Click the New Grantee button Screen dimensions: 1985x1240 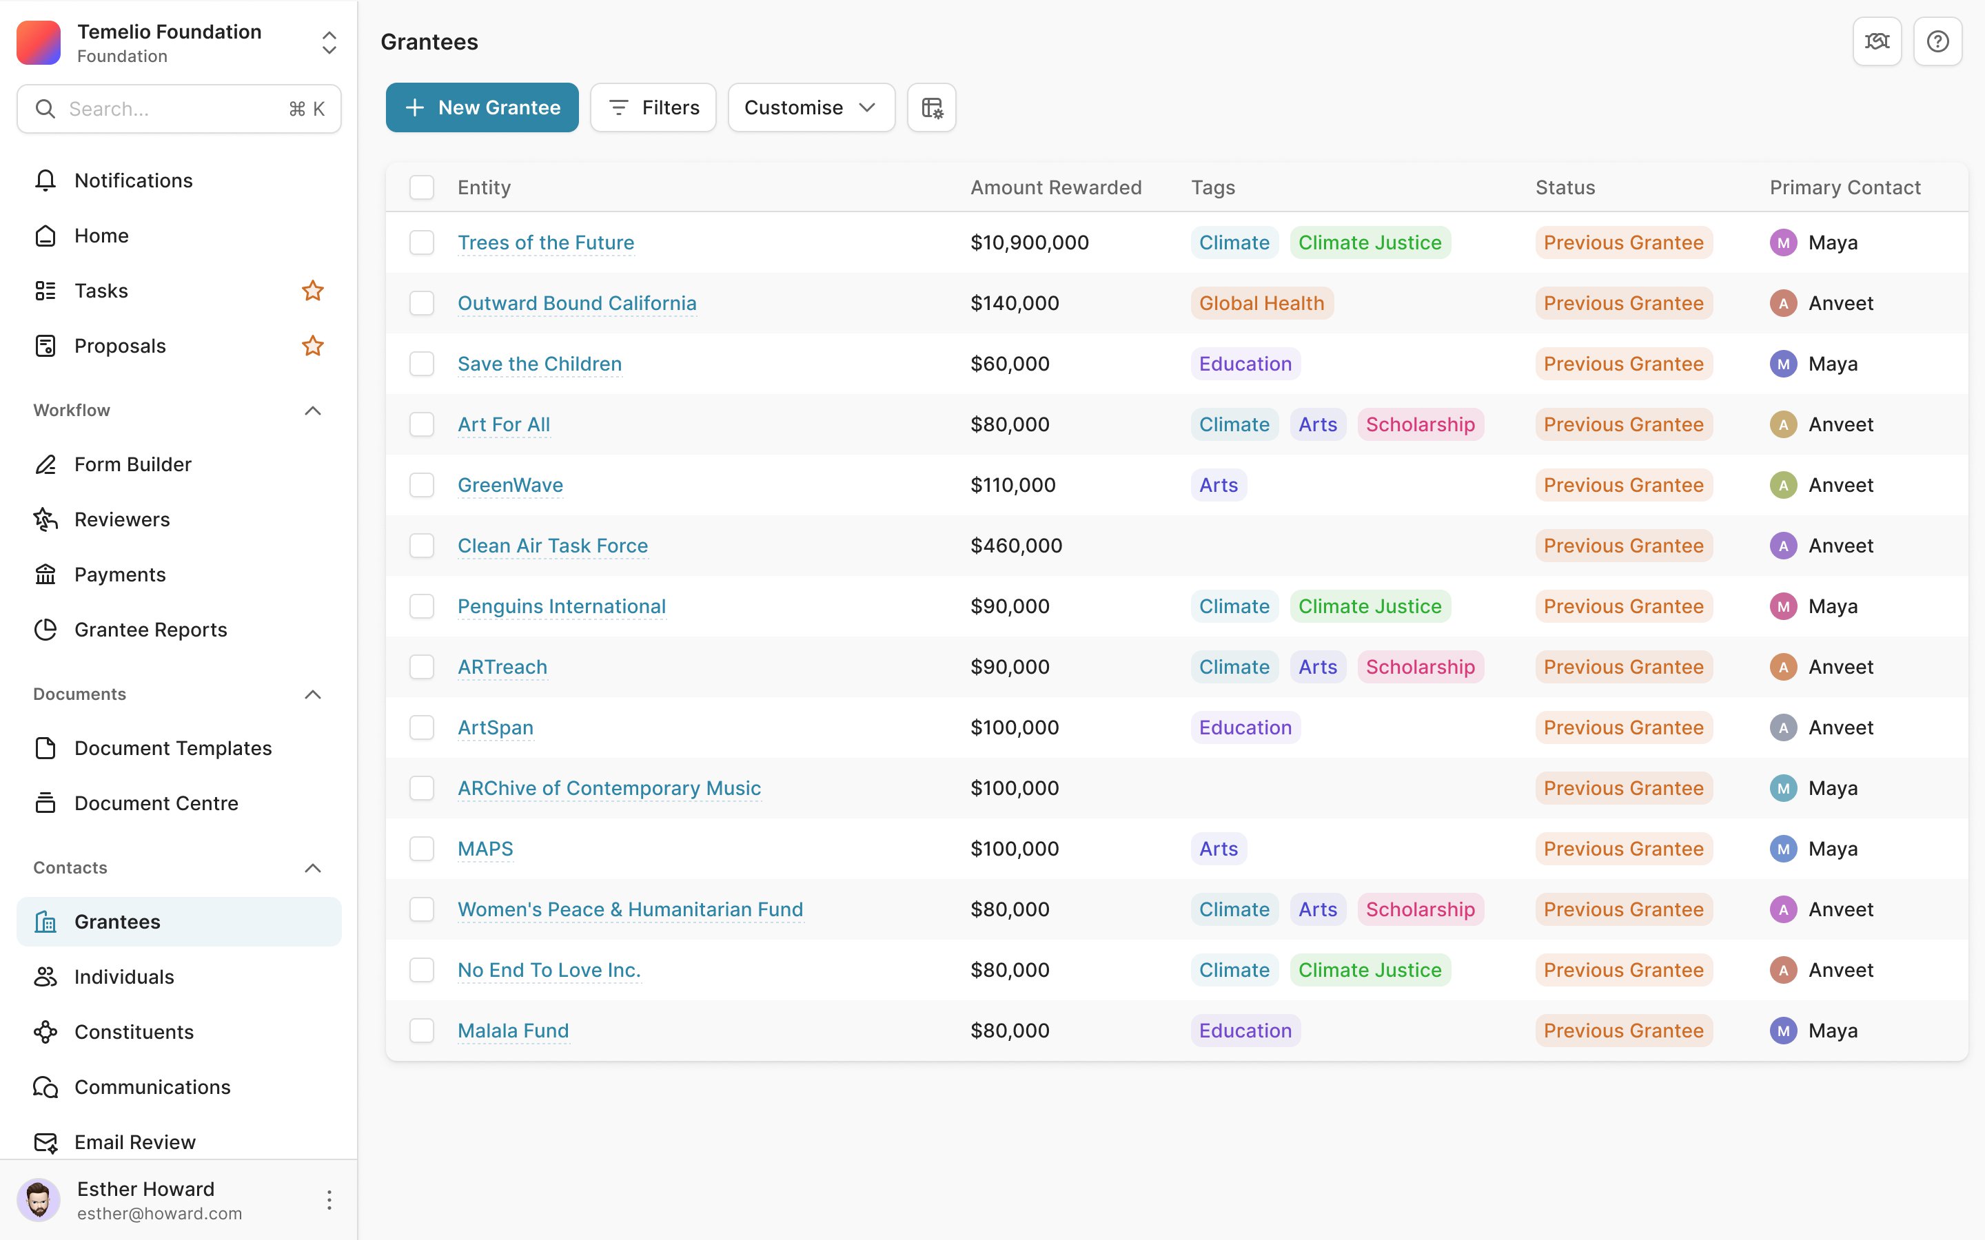point(482,107)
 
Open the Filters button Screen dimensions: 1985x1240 point(653,107)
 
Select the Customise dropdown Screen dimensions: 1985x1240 point(811,107)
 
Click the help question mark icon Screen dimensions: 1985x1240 point(1937,41)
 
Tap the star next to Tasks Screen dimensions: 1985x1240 point(312,290)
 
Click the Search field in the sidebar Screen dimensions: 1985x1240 point(179,109)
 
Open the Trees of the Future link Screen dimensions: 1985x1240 point(545,242)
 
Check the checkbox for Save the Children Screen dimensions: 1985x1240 point(422,363)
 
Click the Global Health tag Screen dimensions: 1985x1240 point(1261,303)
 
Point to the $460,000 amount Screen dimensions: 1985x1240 point(1017,546)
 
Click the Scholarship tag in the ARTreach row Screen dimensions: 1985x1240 point(1420,667)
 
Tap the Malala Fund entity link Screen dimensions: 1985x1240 point(513,1031)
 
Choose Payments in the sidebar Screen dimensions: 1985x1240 point(120,574)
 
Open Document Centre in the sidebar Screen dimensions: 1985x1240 point(156,803)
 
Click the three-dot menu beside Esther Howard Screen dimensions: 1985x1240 point(329,1200)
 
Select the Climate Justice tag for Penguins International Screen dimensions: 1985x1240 point(1370,606)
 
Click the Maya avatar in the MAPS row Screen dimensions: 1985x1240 point(1783,849)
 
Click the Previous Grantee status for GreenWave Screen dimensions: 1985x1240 point(1623,485)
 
